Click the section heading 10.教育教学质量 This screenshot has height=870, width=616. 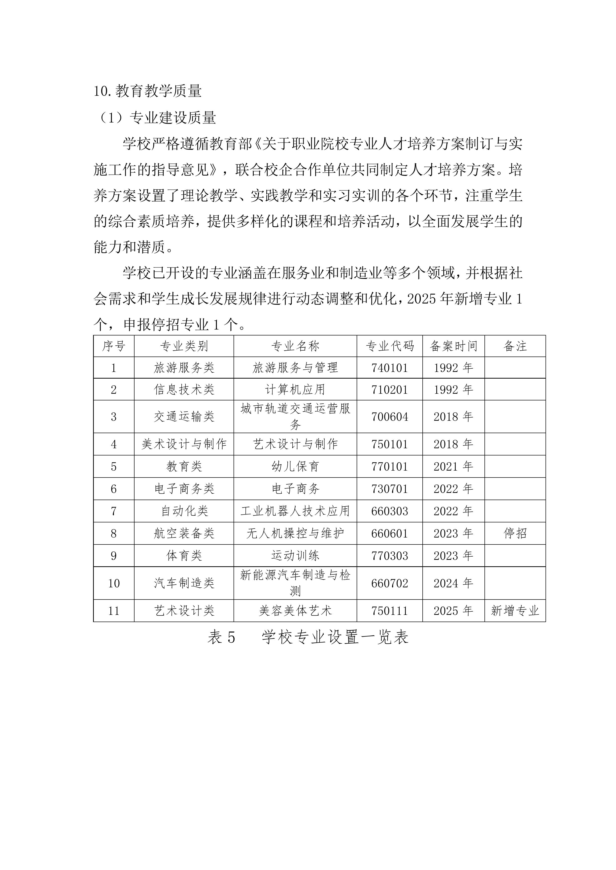coord(148,91)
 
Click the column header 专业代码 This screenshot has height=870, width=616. coord(390,346)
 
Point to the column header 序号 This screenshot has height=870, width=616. coord(113,346)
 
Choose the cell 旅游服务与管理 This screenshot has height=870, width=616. coord(295,367)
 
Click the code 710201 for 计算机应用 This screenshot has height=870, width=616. coord(390,390)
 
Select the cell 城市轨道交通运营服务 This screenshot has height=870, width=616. coord(295,417)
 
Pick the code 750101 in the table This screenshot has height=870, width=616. coord(390,444)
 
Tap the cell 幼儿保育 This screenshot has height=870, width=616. coord(295,466)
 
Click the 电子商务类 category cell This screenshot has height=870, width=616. coord(184,489)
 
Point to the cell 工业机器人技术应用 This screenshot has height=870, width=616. coord(295,511)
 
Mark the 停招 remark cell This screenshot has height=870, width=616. coord(515,534)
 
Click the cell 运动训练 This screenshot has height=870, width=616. coord(295,556)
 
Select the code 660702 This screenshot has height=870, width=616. coord(390,583)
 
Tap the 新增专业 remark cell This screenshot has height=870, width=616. coord(515,611)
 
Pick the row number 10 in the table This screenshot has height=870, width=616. coord(113,583)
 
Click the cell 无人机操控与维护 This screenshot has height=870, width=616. coord(295,534)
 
